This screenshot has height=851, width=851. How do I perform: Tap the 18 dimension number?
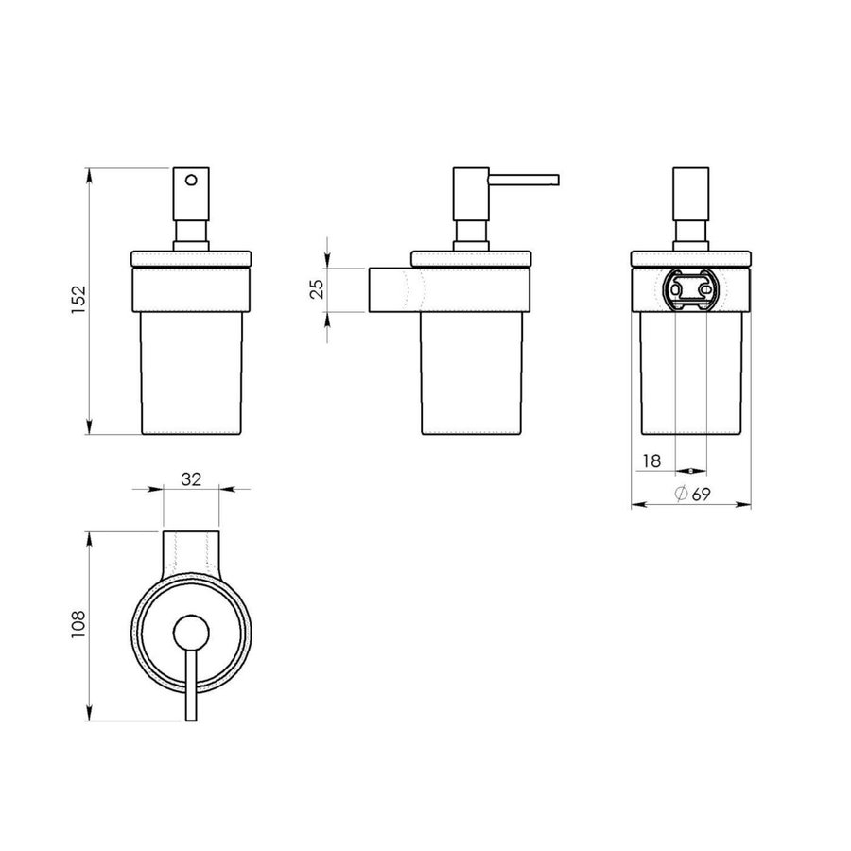(x=651, y=460)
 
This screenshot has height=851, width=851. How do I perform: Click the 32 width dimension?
(x=191, y=479)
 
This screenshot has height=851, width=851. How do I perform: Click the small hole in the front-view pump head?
(x=192, y=180)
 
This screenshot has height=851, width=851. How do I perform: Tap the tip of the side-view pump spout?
(x=558, y=178)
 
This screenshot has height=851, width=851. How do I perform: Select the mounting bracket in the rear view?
(x=691, y=289)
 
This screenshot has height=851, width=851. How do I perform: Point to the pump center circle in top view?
(x=192, y=634)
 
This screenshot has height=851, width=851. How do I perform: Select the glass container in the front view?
(x=192, y=373)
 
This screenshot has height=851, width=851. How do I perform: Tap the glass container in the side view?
(x=473, y=373)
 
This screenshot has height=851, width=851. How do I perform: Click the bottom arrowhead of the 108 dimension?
(x=89, y=721)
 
